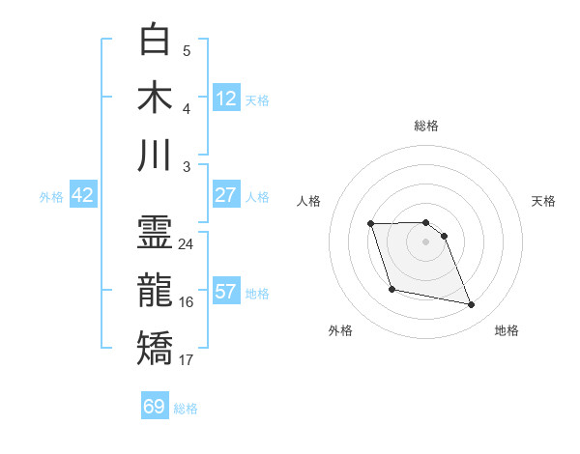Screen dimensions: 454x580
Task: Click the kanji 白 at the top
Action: click(x=156, y=41)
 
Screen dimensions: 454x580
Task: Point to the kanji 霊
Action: click(x=156, y=233)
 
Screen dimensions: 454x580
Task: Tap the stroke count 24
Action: click(x=187, y=244)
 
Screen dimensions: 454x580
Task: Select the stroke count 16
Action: click(x=187, y=302)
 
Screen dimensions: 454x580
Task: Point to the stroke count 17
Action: click(x=187, y=360)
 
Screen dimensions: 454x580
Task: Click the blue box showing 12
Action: click(x=226, y=98)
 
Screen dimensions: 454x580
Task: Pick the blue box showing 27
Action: click(x=226, y=195)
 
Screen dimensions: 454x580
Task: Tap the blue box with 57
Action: click(x=226, y=292)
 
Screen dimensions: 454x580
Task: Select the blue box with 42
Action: click(x=83, y=195)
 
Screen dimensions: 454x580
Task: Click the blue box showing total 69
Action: click(x=155, y=407)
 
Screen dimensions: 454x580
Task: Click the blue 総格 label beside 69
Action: click(x=186, y=409)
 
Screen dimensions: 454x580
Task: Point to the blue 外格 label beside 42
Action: click(x=51, y=197)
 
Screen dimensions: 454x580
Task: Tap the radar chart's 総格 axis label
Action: click(x=426, y=126)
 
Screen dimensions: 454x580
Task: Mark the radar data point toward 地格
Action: click(x=472, y=305)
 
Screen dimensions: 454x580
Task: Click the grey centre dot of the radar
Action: click(x=426, y=241)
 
